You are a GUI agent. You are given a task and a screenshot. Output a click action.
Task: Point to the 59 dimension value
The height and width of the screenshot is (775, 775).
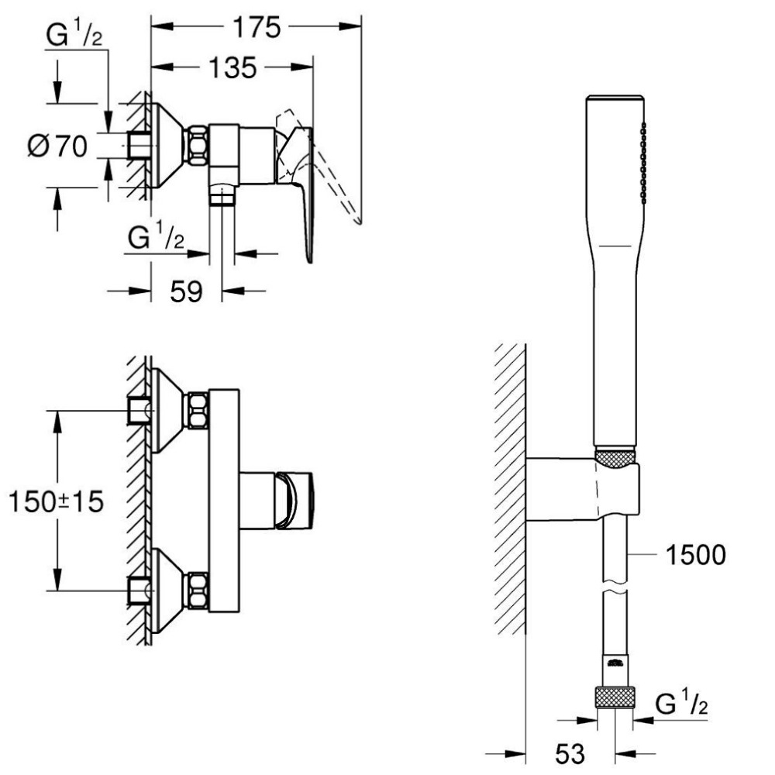tap(186, 291)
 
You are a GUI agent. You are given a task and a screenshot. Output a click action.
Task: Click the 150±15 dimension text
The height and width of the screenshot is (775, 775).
tap(57, 501)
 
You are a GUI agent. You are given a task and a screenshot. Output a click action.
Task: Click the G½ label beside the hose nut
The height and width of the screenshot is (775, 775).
tap(681, 704)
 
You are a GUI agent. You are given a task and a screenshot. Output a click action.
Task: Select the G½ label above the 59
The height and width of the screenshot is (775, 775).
tap(155, 237)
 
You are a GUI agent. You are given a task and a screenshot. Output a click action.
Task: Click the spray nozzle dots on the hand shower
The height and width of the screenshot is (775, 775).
tap(642, 163)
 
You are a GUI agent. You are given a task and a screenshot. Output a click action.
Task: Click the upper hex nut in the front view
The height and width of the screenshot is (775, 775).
tap(196, 410)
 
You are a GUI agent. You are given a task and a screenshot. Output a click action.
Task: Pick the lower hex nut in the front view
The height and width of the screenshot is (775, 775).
tap(196, 591)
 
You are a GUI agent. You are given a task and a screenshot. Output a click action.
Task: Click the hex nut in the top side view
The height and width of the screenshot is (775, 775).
tap(196, 145)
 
